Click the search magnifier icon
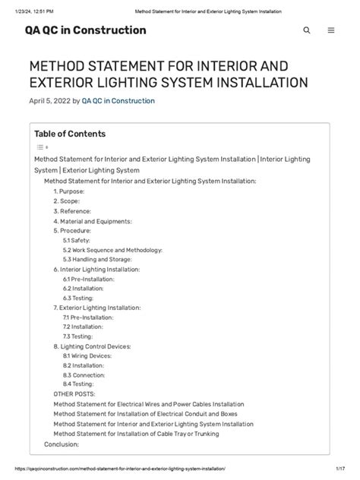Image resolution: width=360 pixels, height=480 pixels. [307, 31]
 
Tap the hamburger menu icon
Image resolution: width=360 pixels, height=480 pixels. [331, 31]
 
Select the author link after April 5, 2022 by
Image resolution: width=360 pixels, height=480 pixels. [118, 100]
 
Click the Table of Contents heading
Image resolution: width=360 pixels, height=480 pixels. [70, 134]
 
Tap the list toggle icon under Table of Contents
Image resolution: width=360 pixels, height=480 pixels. [41, 147]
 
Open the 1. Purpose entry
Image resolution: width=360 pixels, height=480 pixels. [69, 191]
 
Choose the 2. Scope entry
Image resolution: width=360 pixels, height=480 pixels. [67, 201]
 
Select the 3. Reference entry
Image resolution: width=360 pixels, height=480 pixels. [72, 211]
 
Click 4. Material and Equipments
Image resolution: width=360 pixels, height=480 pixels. [93, 221]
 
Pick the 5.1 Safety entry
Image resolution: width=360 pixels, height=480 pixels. [77, 240]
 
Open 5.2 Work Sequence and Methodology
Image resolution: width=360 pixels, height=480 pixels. [112, 250]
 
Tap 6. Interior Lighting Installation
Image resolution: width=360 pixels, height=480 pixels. [96, 270]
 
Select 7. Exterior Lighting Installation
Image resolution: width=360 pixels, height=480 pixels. [97, 308]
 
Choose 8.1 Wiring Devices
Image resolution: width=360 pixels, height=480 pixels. [87, 355]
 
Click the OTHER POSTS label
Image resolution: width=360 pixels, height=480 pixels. [74, 394]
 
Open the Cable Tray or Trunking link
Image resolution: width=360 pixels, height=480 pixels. [136, 434]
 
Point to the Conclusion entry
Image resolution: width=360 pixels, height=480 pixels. [62, 444]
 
